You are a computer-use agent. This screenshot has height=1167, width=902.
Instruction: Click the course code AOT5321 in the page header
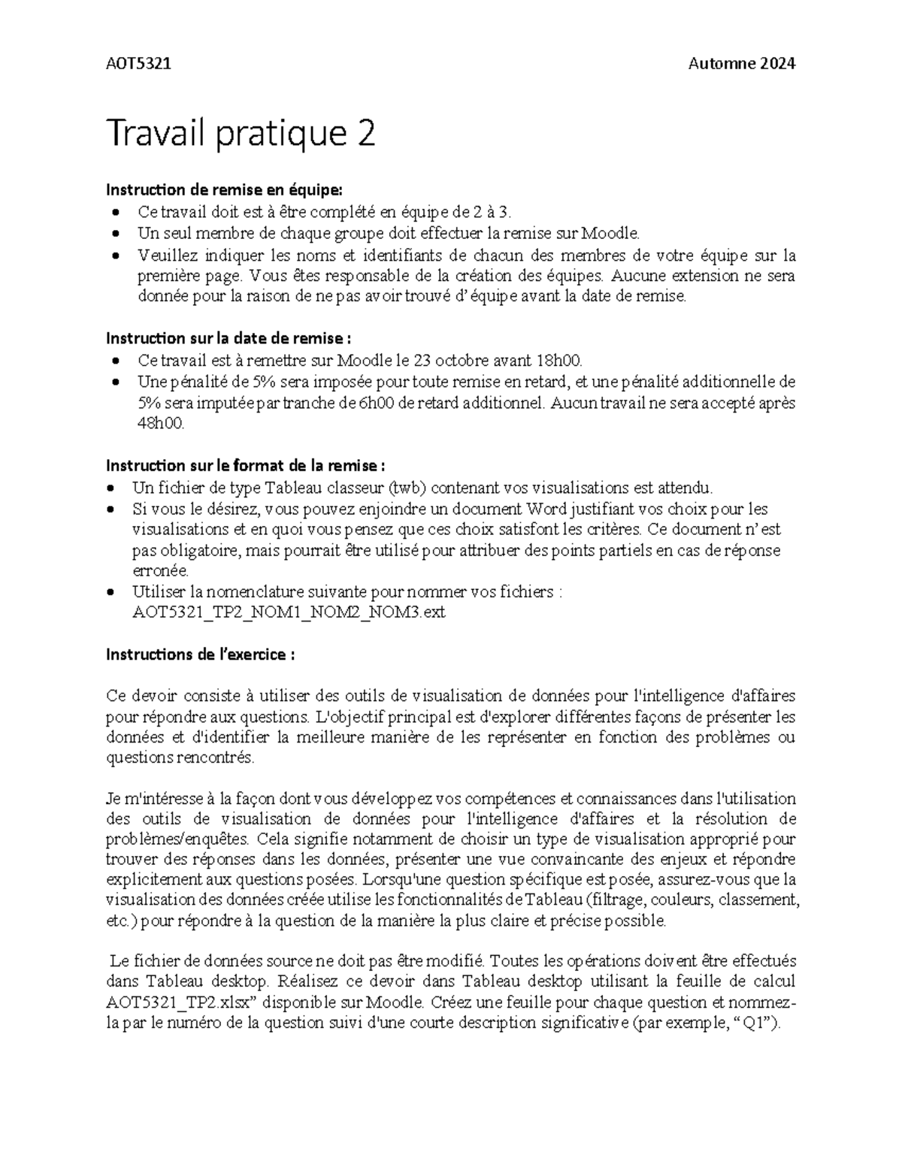click(138, 64)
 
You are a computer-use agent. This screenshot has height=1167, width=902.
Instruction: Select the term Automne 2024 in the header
click(741, 64)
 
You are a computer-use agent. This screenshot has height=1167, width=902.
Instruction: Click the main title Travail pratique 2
click(241, 135)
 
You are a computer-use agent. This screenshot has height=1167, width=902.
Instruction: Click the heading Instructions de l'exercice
click(200, 655)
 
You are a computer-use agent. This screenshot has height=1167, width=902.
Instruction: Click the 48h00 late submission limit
click(159, 424)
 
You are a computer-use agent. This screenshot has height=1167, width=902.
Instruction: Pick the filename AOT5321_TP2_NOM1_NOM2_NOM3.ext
click(289, 612)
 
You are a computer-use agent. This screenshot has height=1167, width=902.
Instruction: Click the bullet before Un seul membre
click(114, 234)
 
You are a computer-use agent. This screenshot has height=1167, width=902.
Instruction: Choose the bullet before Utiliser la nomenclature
click(111, 592)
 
